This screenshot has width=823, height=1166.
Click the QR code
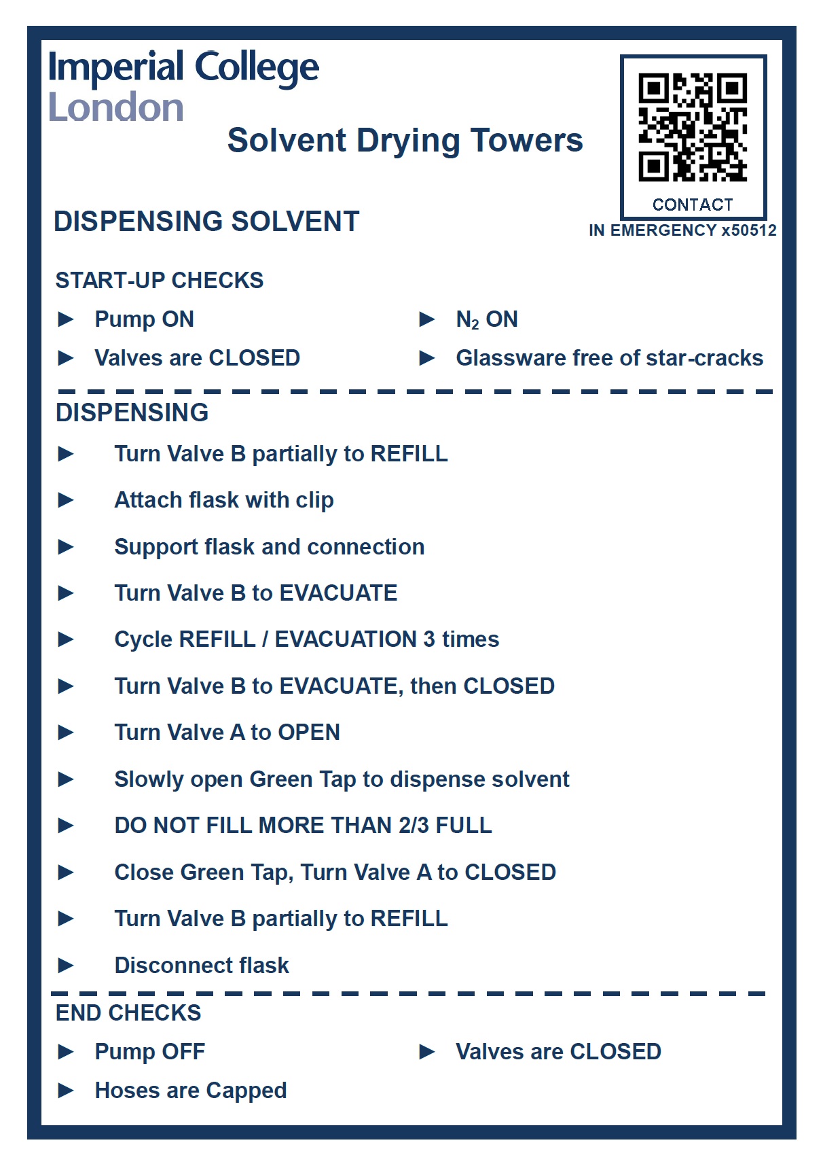[693, 127]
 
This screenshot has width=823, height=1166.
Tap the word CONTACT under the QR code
[693, 205]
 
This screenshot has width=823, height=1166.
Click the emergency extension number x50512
[749, 230]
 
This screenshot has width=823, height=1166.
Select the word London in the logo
[116, 108]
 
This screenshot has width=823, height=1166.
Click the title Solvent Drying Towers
[405, 141]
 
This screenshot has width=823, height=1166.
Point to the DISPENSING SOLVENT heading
[206, 222]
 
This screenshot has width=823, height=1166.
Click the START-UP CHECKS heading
[160, 280]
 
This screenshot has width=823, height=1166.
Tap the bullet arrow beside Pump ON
[66, 319]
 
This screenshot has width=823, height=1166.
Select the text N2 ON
[486, 319]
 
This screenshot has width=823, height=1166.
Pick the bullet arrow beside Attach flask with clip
[66, 500]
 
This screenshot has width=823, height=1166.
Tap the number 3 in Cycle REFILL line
[429, 639]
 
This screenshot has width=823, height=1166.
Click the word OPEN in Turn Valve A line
[309, 732]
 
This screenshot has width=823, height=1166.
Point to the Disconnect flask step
[202, 965]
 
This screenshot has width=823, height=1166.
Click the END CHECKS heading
[128, 1012]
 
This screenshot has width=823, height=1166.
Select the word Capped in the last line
[246, 1091]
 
